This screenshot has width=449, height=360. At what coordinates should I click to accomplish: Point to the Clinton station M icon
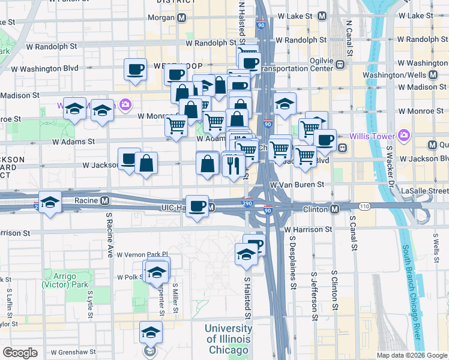pos(334,209)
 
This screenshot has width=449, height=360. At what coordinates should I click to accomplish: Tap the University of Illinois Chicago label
pos(228,339)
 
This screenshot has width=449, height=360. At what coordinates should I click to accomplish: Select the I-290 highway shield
pos(247,204)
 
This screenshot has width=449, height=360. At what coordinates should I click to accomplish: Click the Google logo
pos(20,352)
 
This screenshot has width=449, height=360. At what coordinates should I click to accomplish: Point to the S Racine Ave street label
pos(109,234)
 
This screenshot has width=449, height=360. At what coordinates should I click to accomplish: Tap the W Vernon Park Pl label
pos(142,255)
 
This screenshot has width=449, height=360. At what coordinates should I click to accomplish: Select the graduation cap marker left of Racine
pos(50,202)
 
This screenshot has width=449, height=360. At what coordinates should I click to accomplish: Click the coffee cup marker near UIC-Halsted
pos(197,206)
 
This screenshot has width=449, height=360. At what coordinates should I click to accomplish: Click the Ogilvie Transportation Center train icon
pos(339,65)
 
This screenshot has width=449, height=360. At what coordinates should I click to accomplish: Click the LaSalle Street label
pos(424,190)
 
